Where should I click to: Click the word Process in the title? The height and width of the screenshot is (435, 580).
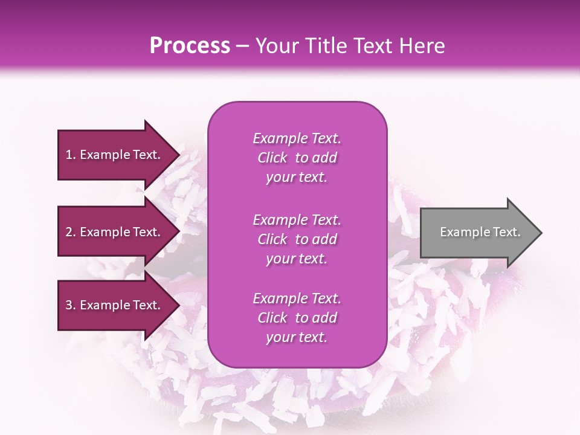point(190,46)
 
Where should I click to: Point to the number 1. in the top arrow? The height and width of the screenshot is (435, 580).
point(71,155)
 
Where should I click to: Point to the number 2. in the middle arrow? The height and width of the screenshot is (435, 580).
point(71,232)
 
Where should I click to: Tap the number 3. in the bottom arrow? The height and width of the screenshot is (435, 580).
point(71,305)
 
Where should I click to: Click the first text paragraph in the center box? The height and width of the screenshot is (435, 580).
point(297,158)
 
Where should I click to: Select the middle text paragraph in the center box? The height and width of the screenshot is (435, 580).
point(297,239)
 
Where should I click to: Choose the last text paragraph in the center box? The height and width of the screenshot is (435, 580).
point(297,318)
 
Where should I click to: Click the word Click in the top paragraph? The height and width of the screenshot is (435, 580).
point(272,158)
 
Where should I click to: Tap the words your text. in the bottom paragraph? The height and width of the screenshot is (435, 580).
point(297,338)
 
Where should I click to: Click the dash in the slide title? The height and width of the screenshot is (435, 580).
point(243,46)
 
